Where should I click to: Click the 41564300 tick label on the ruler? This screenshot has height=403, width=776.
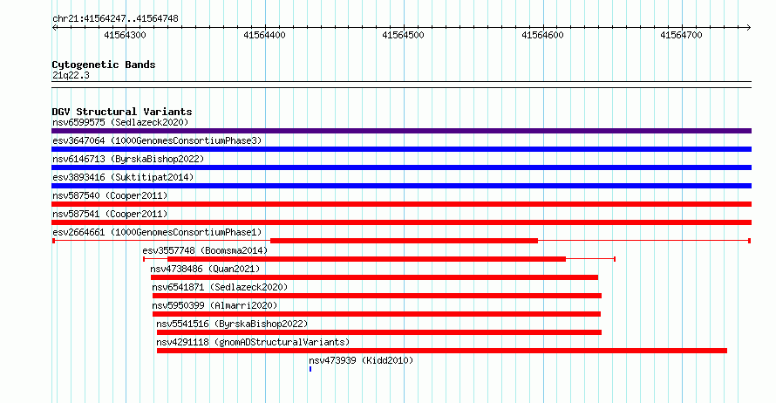(126, 35)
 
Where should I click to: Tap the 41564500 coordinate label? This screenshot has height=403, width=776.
(404, 35)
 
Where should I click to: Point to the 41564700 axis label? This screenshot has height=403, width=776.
(682, 35)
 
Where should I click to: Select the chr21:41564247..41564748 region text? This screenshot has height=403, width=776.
(115, 19)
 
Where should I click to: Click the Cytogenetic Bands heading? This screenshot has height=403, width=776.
(104, 65)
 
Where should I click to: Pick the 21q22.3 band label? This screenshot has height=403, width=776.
(71, 75)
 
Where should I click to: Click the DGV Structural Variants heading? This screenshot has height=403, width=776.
(122, 112)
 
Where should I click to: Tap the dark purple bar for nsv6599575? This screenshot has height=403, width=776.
(401, 131)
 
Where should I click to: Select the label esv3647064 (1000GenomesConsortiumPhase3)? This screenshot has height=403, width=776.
(157, 140)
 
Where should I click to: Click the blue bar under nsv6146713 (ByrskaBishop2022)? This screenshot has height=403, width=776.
(401, 167)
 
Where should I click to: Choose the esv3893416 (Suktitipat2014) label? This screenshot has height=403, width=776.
(123, 177)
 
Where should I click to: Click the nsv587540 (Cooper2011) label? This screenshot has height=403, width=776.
(110, 195)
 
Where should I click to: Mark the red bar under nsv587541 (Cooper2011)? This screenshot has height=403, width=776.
(401, 222)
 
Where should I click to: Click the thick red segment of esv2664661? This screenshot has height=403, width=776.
(404, 241)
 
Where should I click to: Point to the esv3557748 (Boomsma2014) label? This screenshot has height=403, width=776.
(205, 250)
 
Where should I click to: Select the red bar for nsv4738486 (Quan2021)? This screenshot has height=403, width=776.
(374, 277)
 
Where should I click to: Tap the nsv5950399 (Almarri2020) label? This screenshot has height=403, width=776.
(214, 305)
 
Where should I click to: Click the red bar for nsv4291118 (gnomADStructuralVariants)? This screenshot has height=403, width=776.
(442, 351)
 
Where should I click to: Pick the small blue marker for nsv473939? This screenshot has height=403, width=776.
(310, 369)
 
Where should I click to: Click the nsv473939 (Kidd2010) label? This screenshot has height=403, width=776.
(361, 360)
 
